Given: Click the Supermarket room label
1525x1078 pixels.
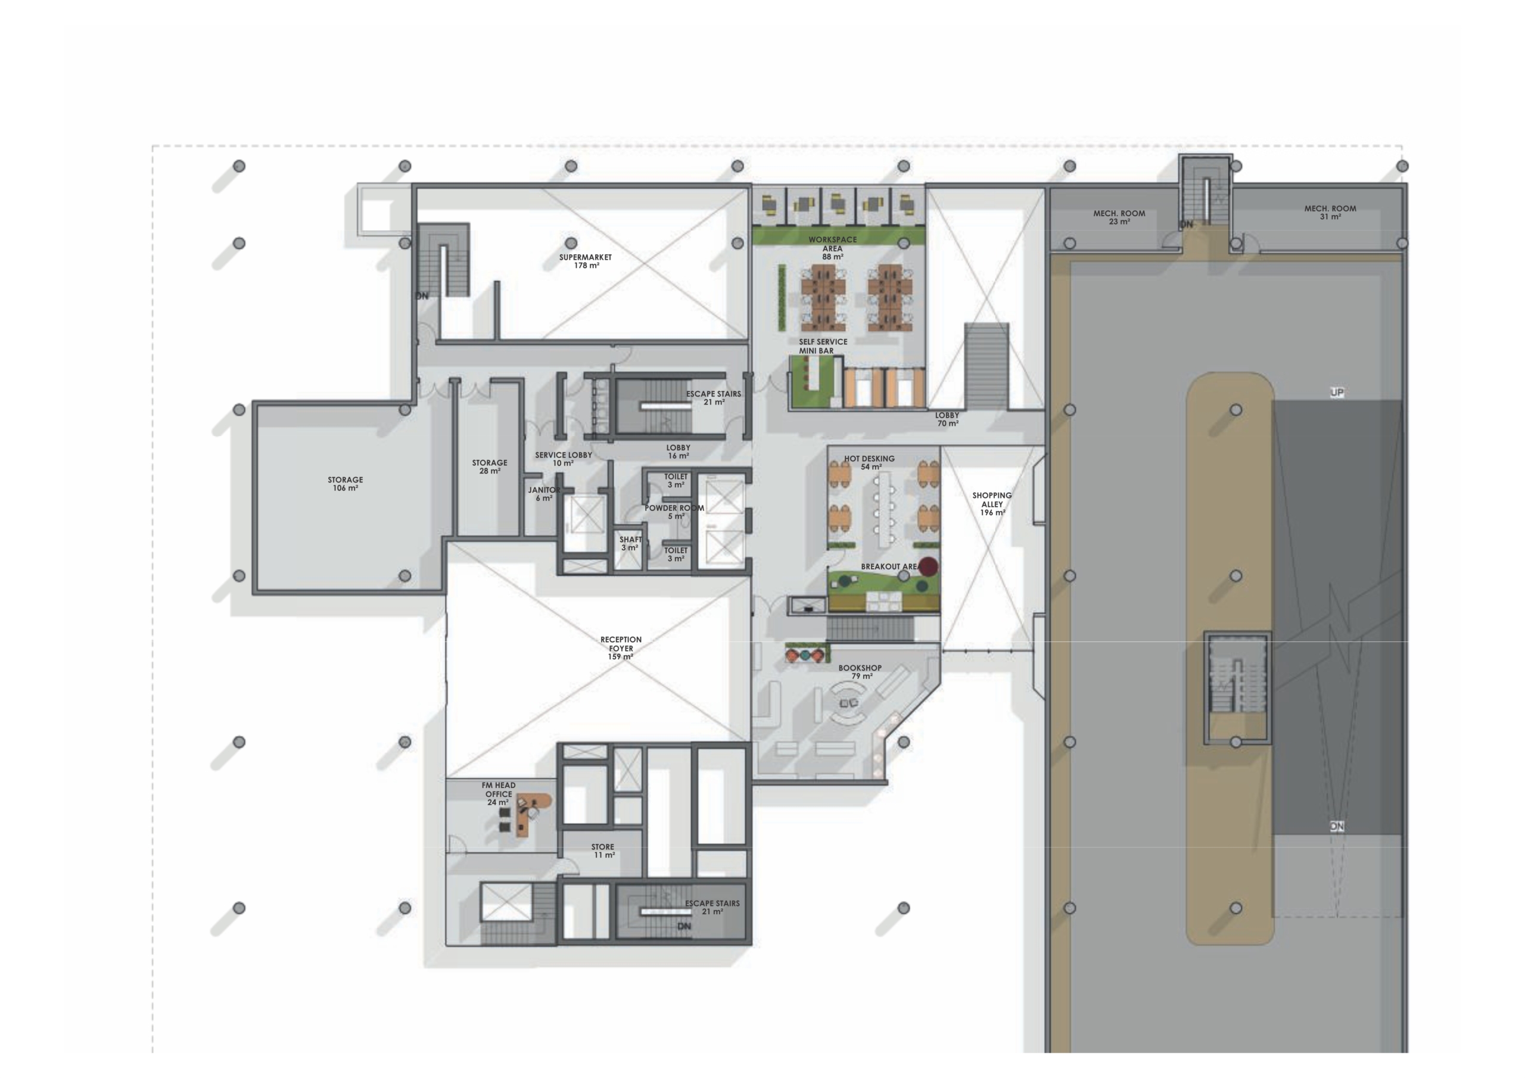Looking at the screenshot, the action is pyautogui.click(x=585, y=261).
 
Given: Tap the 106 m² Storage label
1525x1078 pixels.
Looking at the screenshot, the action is pyautogui.click(x=346, y=484).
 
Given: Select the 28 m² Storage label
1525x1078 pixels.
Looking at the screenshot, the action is pyautogui.click(x=490, y=467).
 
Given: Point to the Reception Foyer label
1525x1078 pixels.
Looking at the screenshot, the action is pyautogui.click(x=621, y=647).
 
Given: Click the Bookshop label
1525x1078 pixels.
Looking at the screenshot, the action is pyautogui.click(x=860, y=671).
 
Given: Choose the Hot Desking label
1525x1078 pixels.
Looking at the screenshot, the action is pyautogui.click(x=870, y=462).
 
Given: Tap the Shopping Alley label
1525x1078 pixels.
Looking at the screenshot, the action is pyautogui.click(x=992, y=503).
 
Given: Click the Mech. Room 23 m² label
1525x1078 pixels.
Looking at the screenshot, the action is pyautogui.click(x=1119, y=217).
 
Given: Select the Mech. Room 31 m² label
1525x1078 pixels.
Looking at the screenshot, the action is pyautogui.click(x=1330, y=212).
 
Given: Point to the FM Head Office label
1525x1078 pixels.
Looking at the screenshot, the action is pyautogui.click(x=499, y=794).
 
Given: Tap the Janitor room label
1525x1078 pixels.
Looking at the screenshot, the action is pyautogui.click(x=544, y=494).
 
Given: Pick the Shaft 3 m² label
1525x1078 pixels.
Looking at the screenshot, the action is pyautogui.click(x=630, y=543).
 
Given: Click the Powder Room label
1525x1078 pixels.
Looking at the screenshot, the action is pyautogui.click(x=674, y=512).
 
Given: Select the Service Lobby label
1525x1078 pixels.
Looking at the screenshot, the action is pyautogui.click(x=564, y=459).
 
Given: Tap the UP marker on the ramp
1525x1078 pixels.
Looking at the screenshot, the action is pyautogui.click(x=1337, y=392).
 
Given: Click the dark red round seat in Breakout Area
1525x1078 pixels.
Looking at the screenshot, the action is pyautogui.click(x=928, y=566).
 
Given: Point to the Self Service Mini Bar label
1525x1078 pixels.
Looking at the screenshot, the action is pyautogui.click(x=823, y=346).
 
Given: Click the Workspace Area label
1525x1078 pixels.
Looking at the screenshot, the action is pyautogui.click(x=832, y=248).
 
